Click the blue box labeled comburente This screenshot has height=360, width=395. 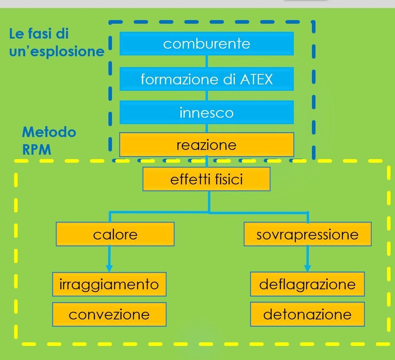[x=206, y=43]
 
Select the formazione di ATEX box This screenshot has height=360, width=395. [x=206, y=79]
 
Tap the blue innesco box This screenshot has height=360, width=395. [x=206, y=112]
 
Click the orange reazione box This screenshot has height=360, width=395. [x=206, y=145]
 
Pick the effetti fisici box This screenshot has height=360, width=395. [x=206, y=179]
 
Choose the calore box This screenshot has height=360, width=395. [x=115, y=234]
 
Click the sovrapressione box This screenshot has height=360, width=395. [x=307, y=234]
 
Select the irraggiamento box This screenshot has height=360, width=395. [x=109, y=284]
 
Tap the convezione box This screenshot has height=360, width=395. [x=109, y=314]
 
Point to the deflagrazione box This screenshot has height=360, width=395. [x=307, y=284]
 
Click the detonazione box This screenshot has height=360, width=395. [x=307, y=314]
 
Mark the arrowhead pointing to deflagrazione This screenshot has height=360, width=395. [x=307, y=268]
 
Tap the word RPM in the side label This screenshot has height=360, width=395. [x=37, y=150]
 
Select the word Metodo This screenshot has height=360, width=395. [x=49, y=132]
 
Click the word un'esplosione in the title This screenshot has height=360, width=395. [x=57, y=52]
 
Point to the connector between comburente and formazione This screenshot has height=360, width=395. [x=206, y=61]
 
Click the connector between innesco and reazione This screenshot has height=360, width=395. [x=206, y=128]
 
